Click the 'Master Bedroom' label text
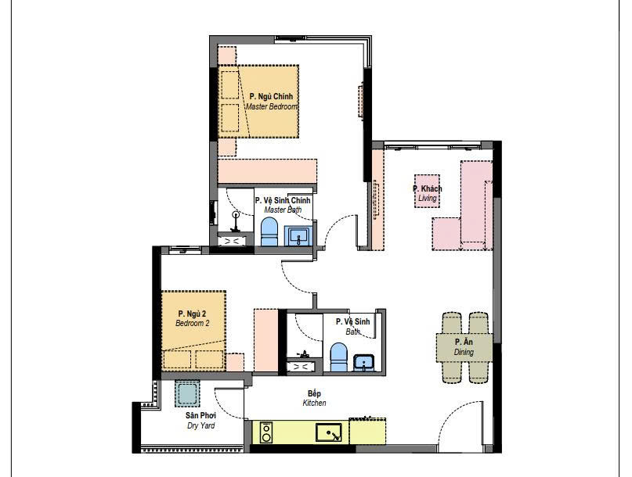[x=272, y=106]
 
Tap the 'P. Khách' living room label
[x=428, y=188]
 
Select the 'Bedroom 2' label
[x=192, y=323]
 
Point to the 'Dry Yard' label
[x=200, y=425]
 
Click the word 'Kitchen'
[x=314, y=403]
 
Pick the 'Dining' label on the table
[x=464, y=352]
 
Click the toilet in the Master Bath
[x=269, y=231]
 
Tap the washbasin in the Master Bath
[x=298, y=236]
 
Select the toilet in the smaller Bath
[x=338, y=357]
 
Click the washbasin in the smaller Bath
[x=364, y=363]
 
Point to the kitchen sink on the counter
[x=328, y=432]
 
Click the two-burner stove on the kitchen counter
[x=266, y=432]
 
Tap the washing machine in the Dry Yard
[x=187, y=393]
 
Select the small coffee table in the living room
[x=428, y=192]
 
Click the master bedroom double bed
[x=258, y=102]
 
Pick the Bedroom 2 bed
[x=193, y=331]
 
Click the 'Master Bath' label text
[x=283, y=210]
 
